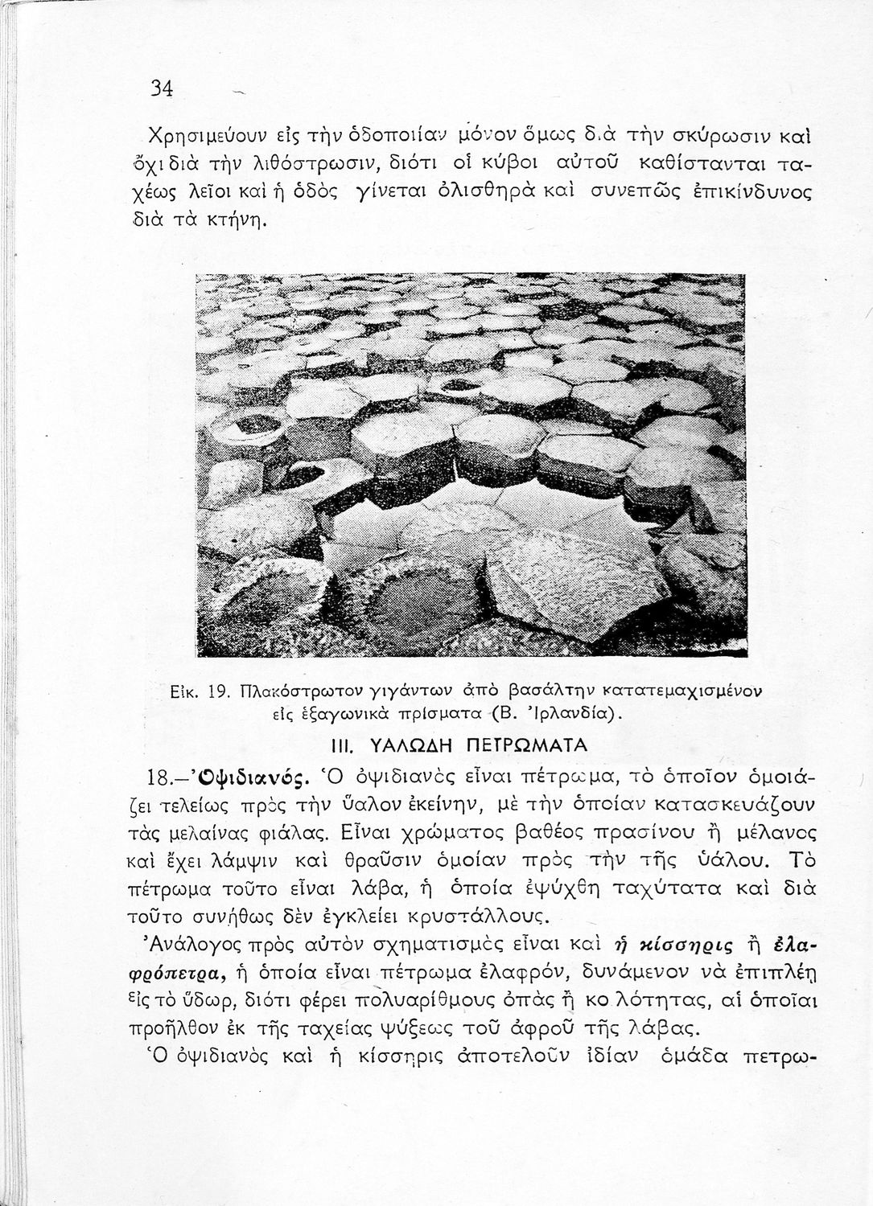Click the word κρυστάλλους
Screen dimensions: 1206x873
[488, 916]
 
